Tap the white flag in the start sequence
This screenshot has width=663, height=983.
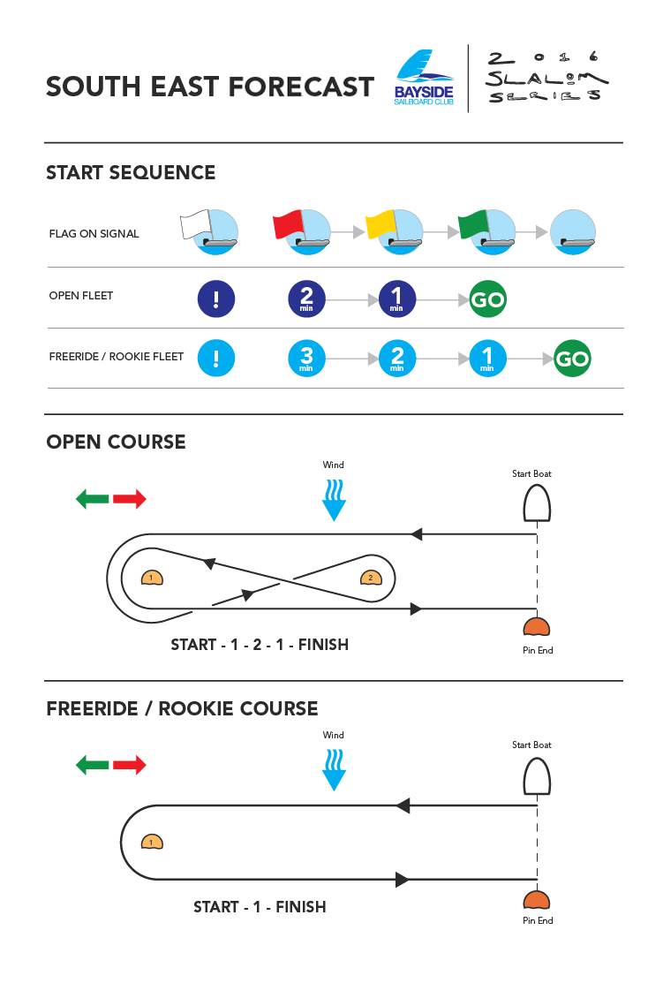pyautogui.click(x=192, y=224)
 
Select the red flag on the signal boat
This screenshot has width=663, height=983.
pyautogui.click(x=287, y=224)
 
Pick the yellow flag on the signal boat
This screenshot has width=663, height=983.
pyautogui.click(x=380, y=224)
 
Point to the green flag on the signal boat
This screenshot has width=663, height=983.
pyautogui.click(x=472, y=224)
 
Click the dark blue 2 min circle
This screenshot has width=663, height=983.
pyautogui.click(x=306, y=299)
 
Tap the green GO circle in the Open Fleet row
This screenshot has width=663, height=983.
pyautogui.click(x=487, y=299)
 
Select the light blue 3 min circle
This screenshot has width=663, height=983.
pyautogui.click(x=306, y=359)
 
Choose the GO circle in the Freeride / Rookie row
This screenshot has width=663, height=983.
pyautogui.click(x=572, y=359)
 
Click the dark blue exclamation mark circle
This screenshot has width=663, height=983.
pyautogui.click(x=216, y=299)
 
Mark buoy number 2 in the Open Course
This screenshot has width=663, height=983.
pyautogui.click(x=371, y=578)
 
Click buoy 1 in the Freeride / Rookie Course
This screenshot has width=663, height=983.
pyautogui.click(x=152, y=842)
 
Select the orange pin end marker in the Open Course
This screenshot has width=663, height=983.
pyautogui.click(x=536, y=628)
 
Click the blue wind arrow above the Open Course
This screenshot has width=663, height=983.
pyautogui.click(x=334, y=501)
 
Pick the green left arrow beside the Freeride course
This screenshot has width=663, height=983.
pyautogui.click(x=92, y=765)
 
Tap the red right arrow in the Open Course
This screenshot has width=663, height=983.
pyautogui.click(x=130, y=499)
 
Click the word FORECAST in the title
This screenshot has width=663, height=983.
pyautogui.click(x=301, y=87)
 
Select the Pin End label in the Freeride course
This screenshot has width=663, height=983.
pyautogui.click(x=538, y=920)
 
